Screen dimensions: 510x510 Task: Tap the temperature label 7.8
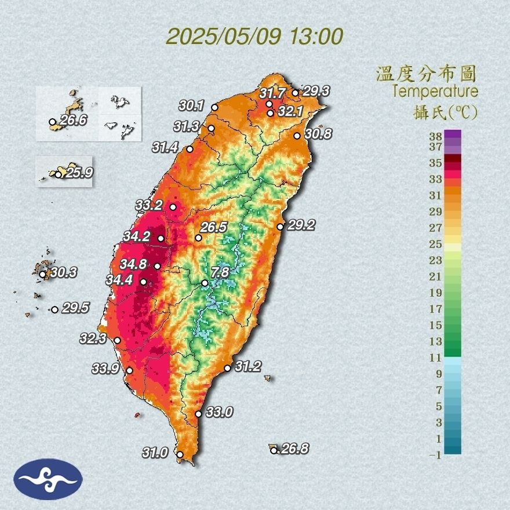click(x=220, y=272)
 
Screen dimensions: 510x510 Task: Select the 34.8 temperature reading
click(x=133, y=264)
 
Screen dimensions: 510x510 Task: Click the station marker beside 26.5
click(x=198, y=238)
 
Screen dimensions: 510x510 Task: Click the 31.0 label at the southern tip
click(x=155, y=452)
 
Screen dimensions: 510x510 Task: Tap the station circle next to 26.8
click(x=274, y=450)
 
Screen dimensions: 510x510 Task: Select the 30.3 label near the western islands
click(x=63, y=272)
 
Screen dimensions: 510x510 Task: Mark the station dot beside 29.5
click(x=54, y=309)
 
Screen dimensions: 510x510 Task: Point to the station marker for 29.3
click(x=295, y=93)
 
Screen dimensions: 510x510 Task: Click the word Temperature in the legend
click(x=435, y=92)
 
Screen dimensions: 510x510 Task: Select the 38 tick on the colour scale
click(x=435, y=137)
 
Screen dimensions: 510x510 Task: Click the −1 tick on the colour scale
click(x=435, y=455)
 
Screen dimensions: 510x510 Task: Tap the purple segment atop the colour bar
click(x=453, y=134)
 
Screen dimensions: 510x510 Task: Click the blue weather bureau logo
click(x=49, y=479)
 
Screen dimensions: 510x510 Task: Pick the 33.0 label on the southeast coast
click(x=219, y=412)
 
